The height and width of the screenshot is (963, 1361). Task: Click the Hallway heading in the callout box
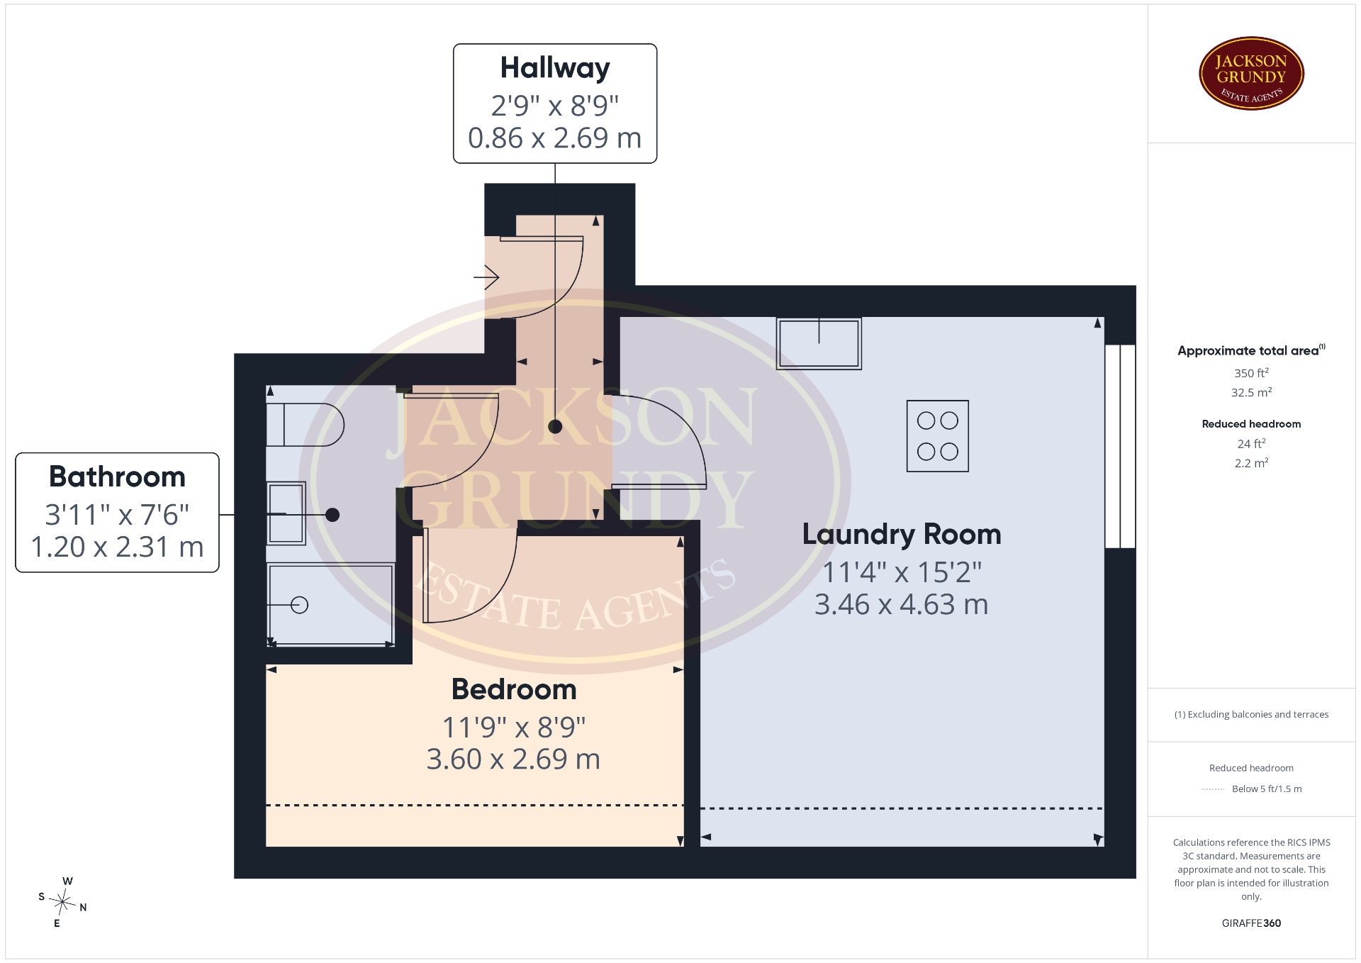coord(555,68)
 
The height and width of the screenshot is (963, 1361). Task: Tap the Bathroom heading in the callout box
coord(117,477)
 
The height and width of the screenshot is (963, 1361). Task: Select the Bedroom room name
coord(514,689)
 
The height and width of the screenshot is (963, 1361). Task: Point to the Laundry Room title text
coord(902,534)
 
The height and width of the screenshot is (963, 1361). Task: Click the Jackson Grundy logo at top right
coord(1251,74)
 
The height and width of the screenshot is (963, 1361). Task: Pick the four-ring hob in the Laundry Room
coord(938,436)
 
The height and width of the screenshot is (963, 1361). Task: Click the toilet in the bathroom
coord(305,425)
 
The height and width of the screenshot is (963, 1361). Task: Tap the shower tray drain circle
coord(300,605)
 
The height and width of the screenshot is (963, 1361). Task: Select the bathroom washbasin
coord(286,513)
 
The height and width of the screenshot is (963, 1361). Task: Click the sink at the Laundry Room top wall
coord(819,343)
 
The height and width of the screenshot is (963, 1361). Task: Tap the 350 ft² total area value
coord(1251,373)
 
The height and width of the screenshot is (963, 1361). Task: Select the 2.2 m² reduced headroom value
coord(1251,463)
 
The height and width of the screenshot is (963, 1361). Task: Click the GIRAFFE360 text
coord(1251,923)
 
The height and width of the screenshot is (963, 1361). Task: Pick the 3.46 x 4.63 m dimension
coord(902,605)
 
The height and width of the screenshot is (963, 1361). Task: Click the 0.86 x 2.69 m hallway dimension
coord(555,138)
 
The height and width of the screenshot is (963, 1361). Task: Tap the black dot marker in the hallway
coord(555,426)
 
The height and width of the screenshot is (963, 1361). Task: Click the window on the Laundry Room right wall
coord(1120,446)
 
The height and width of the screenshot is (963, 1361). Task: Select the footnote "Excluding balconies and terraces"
coord(1258,715)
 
